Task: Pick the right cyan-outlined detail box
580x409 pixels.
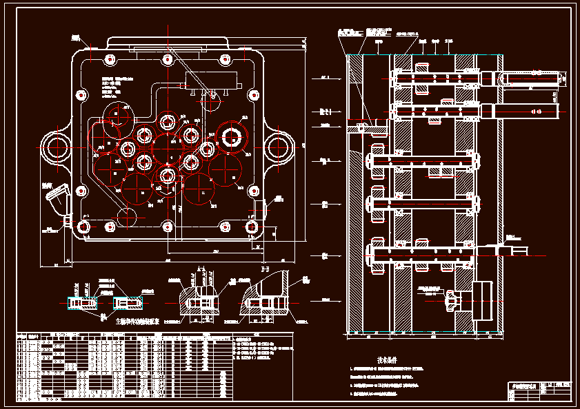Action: click(x=128, y=304)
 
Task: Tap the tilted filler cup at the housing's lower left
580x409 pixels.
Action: click(x=55, y=202)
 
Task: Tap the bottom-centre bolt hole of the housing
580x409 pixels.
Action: click(x=167, y=227)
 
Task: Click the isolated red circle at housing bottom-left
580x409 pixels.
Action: click(x=127, y=216)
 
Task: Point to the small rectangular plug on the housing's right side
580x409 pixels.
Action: click(x=259, y=208)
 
